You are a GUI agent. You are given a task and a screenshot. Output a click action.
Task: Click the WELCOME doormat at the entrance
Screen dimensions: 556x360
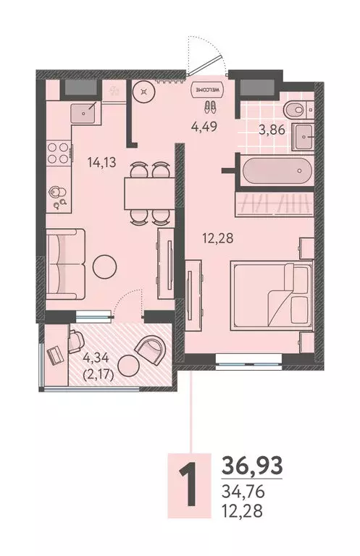[x=206, y=90]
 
